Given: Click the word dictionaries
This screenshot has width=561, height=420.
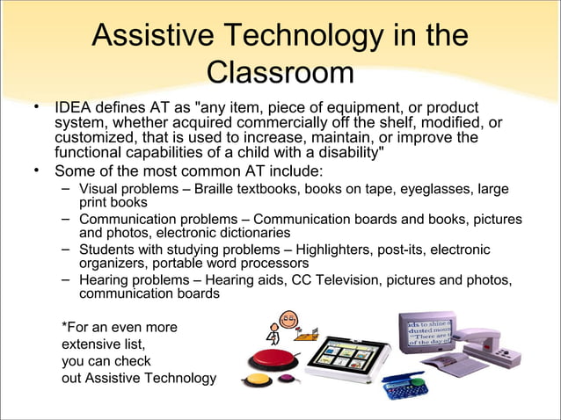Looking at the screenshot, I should pos(252,234).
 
